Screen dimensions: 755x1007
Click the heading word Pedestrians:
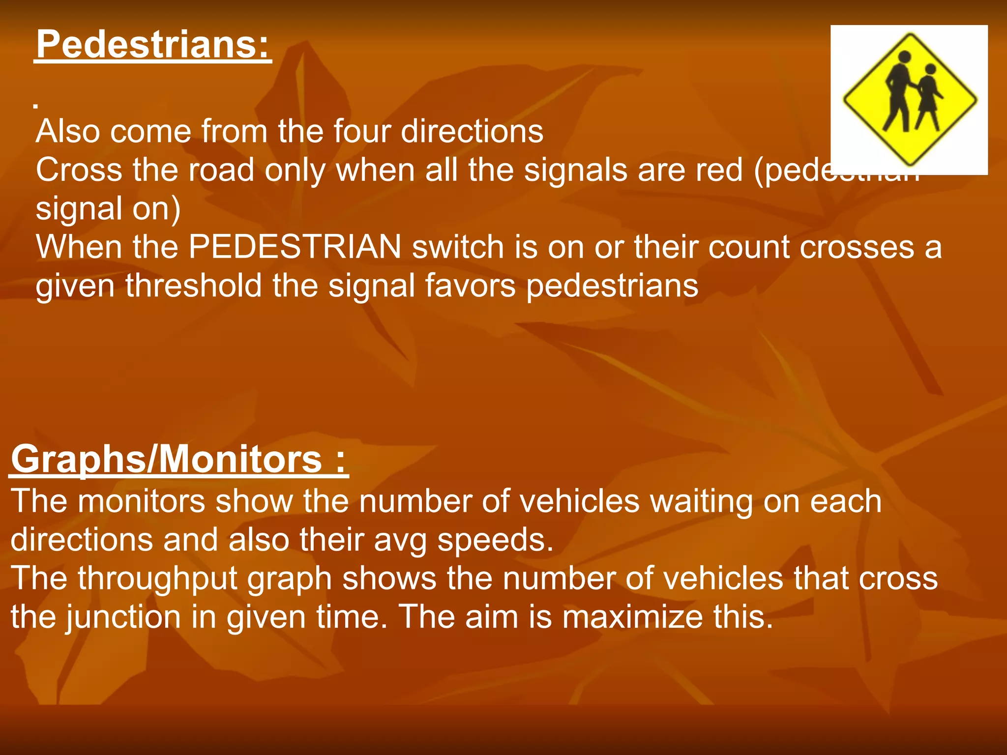[153, 44]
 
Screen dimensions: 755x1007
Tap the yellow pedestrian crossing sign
[910, 99]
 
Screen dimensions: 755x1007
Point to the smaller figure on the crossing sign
[928, 98]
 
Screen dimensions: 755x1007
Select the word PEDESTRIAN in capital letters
[295, 247]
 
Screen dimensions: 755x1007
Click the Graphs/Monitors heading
[179, 459]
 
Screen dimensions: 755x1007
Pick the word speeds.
[495, 541]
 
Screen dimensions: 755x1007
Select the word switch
[458, 247]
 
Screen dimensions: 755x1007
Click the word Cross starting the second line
[79, 170]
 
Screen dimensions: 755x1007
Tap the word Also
[68, 131]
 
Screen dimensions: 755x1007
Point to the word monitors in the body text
[141, 501]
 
